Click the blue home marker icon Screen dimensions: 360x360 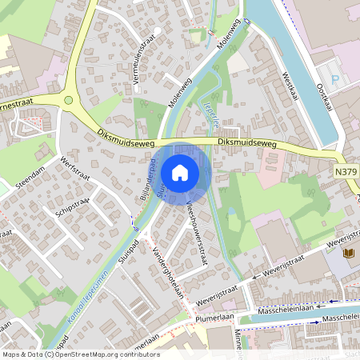pyautogui.click(x=180, y=173)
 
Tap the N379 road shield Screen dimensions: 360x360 pyautogui.click(x=345, y=170)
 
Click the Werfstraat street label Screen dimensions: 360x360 pyautogui.click(x=77, y=171)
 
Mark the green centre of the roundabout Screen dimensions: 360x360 pyautogui.click(x=69, y=101)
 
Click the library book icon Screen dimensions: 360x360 pyautogui.click(x=349, y=254)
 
